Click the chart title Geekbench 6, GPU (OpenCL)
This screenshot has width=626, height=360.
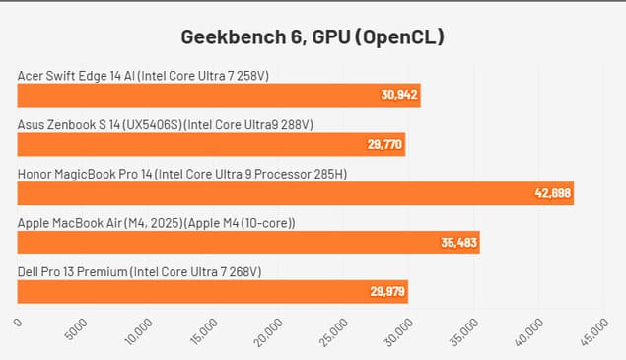tap(313, 37)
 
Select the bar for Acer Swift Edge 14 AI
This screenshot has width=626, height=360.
tap(219, 96)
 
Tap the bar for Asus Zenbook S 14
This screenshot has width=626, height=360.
tap(211, 145)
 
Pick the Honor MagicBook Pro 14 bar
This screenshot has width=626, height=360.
tap(295, 193)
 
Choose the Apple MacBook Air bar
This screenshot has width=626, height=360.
tap(248, 243)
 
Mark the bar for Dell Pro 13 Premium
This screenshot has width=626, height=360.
tap(212, 291)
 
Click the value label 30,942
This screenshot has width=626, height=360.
tap(399, 96)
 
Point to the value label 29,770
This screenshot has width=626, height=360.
tap(384, 145)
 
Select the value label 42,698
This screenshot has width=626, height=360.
tap(552, 193)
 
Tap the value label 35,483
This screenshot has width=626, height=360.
tap(458, 243)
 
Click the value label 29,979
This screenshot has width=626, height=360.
tap(386, 291)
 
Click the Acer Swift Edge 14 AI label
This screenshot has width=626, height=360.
tap(143, 75)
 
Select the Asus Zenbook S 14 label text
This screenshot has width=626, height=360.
tap(166, 124)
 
